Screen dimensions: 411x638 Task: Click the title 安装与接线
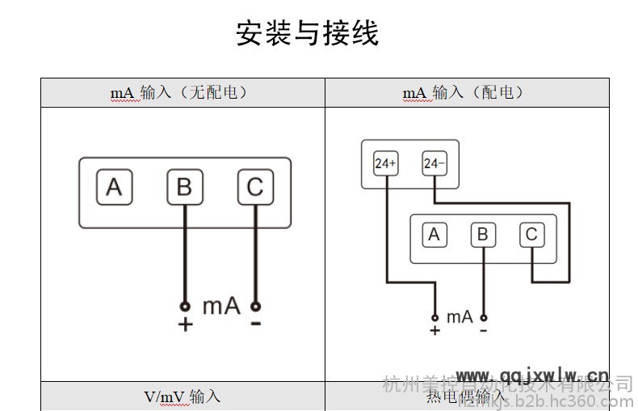[307, 34]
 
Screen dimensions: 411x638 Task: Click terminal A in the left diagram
[114, 188]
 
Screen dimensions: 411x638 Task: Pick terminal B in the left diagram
[184, 188]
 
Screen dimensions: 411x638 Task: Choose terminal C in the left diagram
[254, 188]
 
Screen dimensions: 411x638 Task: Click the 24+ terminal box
[385, 163]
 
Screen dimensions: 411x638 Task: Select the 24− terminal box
[434, 163]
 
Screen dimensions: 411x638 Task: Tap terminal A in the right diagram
[434, 235]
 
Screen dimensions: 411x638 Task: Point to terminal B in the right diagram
[483, 235]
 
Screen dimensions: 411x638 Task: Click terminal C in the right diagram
[531, 235]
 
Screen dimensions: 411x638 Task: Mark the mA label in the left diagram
[220, 306]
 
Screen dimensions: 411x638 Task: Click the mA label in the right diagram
[460, 316]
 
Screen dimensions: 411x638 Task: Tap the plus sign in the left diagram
[185, 325]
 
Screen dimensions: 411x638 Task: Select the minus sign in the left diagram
[255, 324]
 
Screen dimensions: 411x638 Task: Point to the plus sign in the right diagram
[434, 331]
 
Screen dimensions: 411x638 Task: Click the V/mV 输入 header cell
[182, 397]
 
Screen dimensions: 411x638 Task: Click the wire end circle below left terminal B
[185, 307]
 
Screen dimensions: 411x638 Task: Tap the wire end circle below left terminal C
[255, 307]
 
